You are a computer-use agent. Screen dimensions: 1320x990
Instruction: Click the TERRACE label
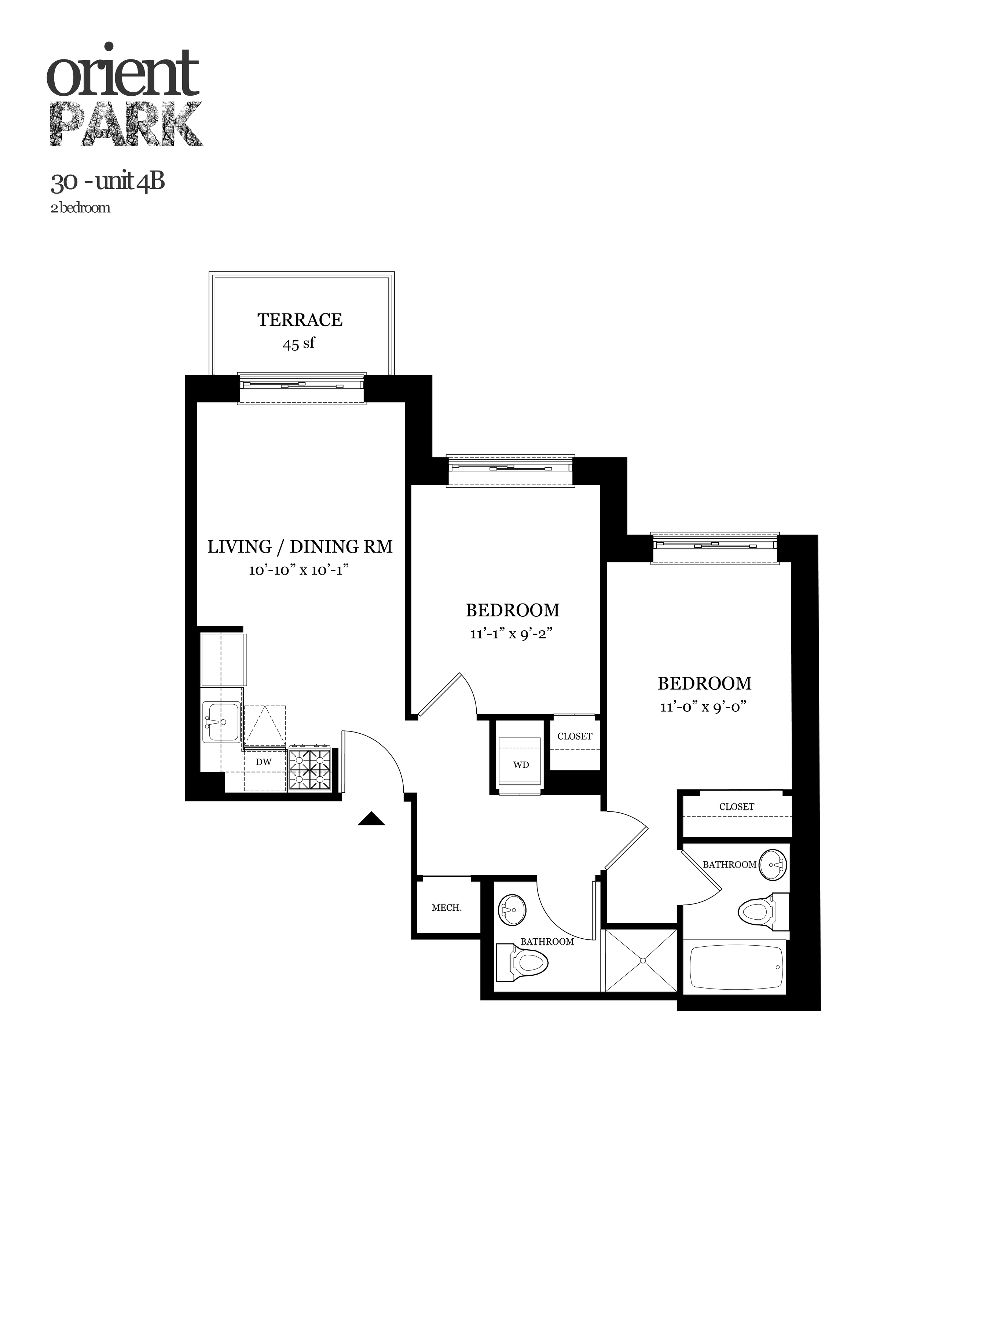300,320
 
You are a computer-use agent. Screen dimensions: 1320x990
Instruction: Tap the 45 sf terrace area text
298,344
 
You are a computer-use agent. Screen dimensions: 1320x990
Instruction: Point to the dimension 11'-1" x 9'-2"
512,634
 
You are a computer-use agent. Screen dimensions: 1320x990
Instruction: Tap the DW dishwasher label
263,762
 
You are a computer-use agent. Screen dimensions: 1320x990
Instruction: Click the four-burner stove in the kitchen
310,769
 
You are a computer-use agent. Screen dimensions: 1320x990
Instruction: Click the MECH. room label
446,907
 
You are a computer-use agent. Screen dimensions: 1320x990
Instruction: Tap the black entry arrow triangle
371,819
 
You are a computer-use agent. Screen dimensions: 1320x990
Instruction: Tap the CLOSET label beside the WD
575,736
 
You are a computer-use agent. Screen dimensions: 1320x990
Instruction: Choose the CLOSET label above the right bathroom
736,807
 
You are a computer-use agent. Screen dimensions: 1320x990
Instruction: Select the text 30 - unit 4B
107,181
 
